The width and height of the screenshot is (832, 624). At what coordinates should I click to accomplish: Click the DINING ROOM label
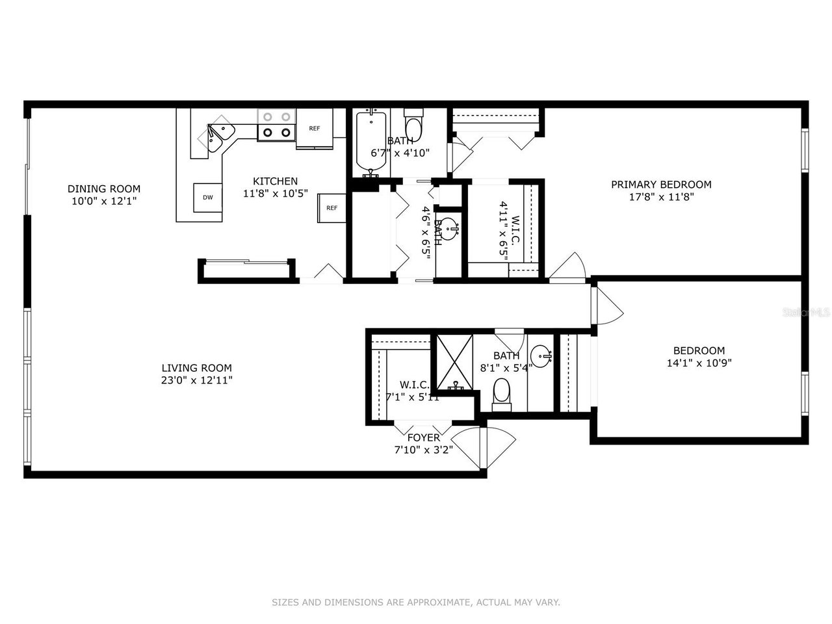pos(104,189)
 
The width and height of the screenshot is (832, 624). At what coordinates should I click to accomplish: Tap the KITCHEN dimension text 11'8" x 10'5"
pos(276,194)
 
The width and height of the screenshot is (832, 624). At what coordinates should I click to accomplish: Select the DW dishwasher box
pos(207,198)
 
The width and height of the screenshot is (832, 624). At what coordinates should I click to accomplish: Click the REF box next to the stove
pos(315,128)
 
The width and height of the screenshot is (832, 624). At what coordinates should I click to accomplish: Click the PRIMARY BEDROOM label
pos(661,185)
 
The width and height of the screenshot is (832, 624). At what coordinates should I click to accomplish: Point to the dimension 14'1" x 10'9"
pos(699,363)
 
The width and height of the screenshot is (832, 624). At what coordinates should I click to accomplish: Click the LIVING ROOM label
pos(197,368)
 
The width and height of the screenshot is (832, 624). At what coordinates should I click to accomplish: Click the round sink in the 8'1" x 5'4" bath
pos(541,356)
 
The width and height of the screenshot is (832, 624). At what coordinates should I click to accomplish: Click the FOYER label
pos(423,437)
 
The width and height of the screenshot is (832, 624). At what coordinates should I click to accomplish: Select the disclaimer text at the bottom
pos(416,603)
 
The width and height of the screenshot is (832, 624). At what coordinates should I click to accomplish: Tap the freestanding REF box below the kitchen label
pos(331,208)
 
